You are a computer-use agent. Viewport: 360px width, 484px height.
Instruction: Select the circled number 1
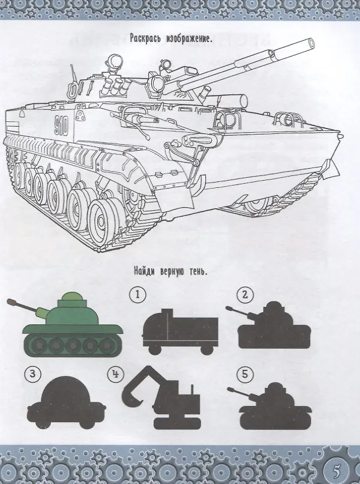click(137, 294)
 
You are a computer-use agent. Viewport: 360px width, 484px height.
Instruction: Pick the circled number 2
click(245, 295)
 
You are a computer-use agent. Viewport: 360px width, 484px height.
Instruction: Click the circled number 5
click(245, 375)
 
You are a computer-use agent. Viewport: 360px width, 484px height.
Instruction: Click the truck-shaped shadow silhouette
click(180, 332)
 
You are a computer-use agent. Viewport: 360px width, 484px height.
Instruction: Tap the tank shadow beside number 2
click(269, 325)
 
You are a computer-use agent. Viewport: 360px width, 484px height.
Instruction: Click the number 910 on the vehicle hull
click(61, 126)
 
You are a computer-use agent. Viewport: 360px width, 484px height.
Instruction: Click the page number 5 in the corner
click(337, 471)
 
